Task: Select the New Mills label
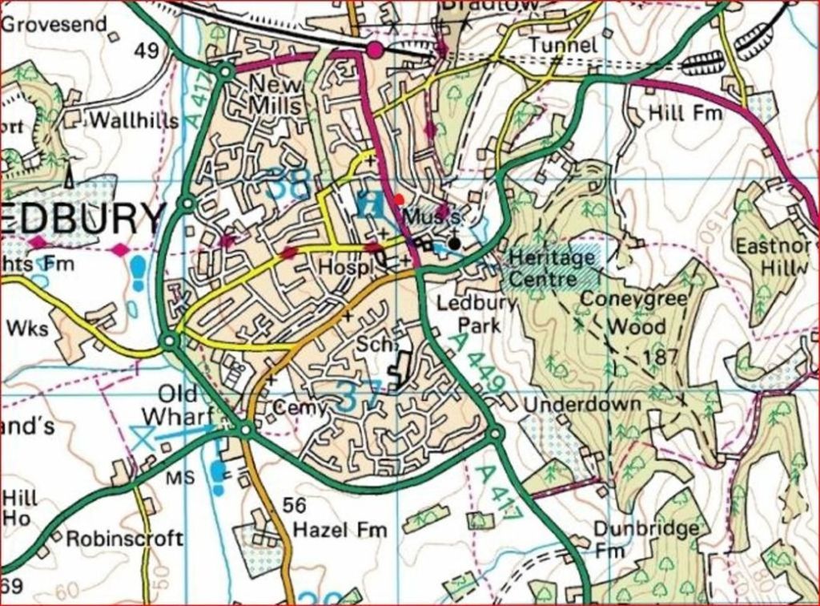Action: (x=277, y=95)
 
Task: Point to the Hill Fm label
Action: (x=685, y=113)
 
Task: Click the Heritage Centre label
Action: (x=553, y=268)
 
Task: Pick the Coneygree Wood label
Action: (x=634, y=312)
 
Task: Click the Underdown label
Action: (x=582, y=404)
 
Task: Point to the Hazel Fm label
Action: (x=340, y=530)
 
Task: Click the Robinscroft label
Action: (x=124, y=538)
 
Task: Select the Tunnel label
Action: (x=564, y=45)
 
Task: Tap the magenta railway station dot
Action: (x=375, y=50)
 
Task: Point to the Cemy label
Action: (x=300, y=408)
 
